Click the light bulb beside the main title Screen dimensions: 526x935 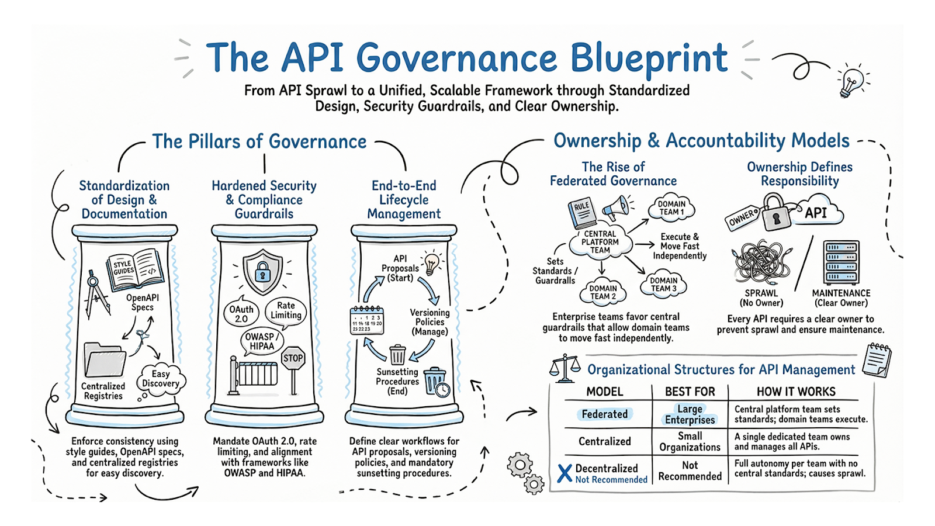[851, 82]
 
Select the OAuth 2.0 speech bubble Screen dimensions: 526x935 [241, 314]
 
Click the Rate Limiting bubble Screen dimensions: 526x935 [286, 310]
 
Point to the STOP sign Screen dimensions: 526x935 [293, 358]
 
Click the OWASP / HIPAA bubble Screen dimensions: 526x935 [261, 341]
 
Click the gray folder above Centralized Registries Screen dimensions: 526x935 [105, 359]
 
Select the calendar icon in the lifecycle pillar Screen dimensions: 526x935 [367, 320]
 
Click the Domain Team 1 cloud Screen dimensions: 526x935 [671, 208]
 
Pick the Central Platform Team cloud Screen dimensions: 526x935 [600, 242]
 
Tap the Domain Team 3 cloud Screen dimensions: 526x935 [664, 285]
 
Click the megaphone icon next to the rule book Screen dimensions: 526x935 [618, 207]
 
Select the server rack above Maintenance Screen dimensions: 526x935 [841, 263]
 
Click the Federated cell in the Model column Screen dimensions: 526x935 [605, 414]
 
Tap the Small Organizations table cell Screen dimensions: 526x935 [690, 442]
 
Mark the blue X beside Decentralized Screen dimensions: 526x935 [565, 473]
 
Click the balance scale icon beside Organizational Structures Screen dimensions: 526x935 [565, 368]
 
